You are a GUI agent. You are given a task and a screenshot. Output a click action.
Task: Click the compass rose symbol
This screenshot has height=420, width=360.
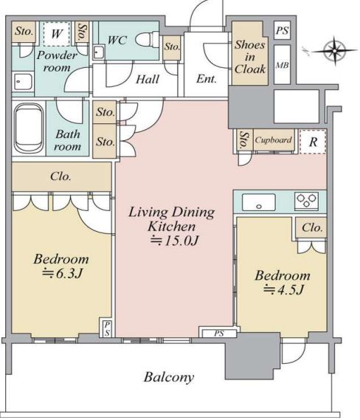[x=335, y=50]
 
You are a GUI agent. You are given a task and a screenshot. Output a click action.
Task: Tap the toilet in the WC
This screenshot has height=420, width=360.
[x=148, y=39]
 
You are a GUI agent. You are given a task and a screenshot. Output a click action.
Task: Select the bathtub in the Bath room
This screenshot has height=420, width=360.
[x=29, y=128]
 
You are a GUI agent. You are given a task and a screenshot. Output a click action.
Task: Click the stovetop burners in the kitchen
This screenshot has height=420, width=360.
[x=307, y=201]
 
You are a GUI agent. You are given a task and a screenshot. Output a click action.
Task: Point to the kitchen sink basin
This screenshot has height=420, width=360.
[x=259, y=202]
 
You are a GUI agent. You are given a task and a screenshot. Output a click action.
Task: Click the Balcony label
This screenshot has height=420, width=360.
[x=169, y=377]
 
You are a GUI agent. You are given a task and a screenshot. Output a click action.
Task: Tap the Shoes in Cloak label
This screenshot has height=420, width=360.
[x=250, y=57]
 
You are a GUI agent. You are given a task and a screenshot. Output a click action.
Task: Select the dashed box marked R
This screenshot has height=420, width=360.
[x=313, y=142]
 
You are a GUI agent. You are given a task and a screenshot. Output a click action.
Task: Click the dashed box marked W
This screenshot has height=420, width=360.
[x=57, y=34]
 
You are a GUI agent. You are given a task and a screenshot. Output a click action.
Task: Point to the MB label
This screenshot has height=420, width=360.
[x=283, y=65]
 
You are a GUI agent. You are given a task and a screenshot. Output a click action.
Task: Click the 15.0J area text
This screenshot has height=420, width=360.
[x=175, y=241]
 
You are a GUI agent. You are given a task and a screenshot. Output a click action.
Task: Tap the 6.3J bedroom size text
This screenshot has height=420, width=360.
[x=62, y=274]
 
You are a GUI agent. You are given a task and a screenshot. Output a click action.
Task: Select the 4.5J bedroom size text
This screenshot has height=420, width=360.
[x=283, y=289]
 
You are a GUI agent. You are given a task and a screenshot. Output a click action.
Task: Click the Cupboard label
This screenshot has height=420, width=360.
[x=273, y=140]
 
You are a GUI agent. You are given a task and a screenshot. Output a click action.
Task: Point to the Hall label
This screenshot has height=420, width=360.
[x=148, y=79]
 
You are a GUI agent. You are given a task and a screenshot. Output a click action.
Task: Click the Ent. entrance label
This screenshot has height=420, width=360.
[x=206, y=79]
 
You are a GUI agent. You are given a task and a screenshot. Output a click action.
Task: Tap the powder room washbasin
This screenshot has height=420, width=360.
[x=24, y=81]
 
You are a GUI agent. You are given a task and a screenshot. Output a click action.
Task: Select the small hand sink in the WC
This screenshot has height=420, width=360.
[x=98, y=52]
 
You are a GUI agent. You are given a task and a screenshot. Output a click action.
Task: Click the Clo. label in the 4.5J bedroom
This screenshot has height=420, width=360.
[x=312, y=227]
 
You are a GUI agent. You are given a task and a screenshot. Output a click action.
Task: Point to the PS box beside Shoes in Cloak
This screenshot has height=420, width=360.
[x=283, y=30]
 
